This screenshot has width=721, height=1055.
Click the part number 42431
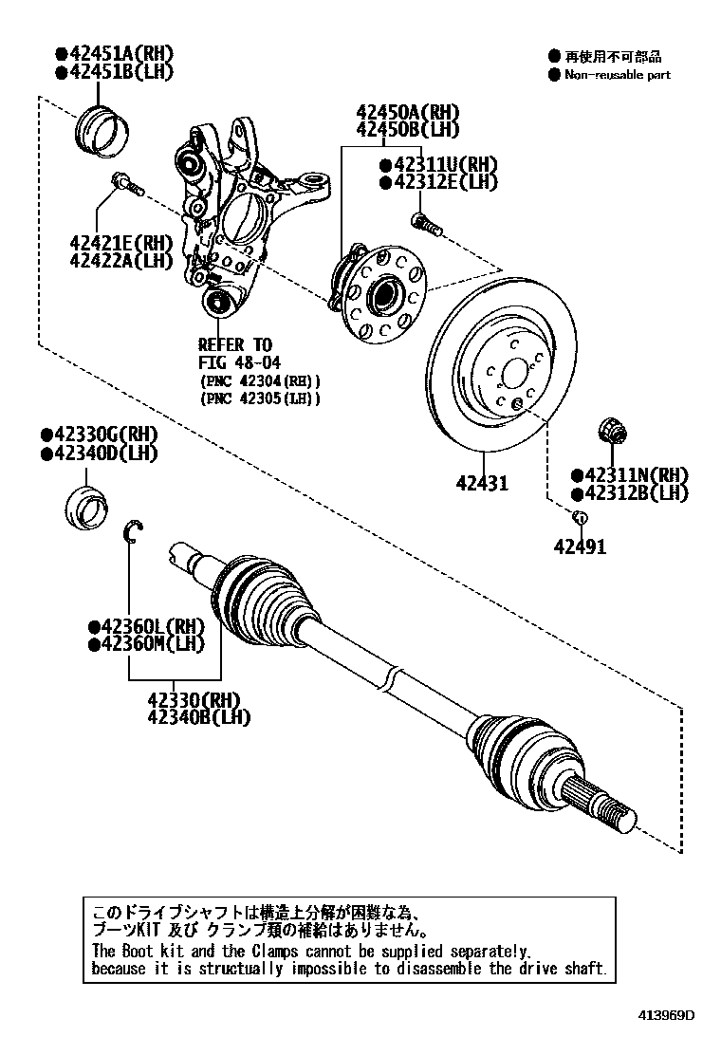click(481, 484)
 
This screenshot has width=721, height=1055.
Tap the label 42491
click(581, 546)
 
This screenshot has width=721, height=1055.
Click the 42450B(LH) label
click(408, 129)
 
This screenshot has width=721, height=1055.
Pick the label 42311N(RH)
click(629, 475)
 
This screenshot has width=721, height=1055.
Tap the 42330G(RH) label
click(99, 435)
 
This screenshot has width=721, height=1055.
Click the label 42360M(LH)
click(146, 644)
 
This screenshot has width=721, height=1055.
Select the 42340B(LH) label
click(198, 717)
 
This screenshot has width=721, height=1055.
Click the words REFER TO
click(234, 344)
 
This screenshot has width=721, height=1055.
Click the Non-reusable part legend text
click(617, 74)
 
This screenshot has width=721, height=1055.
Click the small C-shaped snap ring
click(135, 533)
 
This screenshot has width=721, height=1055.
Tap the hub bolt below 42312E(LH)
click(426, 225)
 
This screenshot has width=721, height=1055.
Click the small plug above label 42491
click(580, 516)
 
